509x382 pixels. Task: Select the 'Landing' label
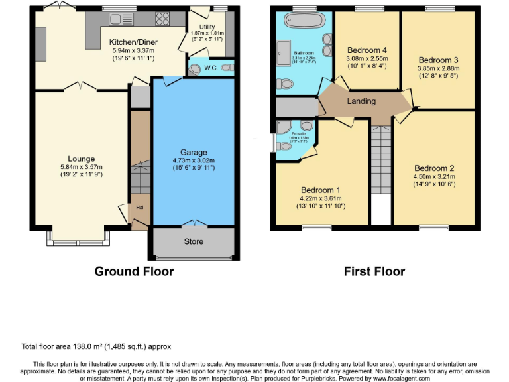361,101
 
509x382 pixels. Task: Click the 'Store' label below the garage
194,241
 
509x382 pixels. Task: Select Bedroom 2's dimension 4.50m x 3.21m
434,177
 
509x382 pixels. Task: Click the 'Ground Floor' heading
134,271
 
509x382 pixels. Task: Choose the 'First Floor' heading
374,271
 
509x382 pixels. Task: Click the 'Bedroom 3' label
438,60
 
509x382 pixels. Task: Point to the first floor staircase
380,159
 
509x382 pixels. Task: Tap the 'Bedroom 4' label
367,50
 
